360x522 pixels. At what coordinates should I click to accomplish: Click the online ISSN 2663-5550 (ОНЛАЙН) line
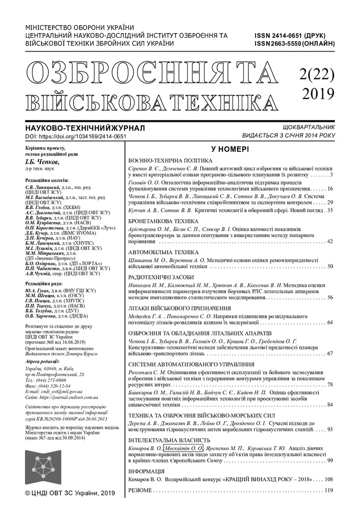[x=295, y=44]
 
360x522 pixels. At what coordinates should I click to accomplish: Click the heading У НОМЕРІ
[x=230, y=149]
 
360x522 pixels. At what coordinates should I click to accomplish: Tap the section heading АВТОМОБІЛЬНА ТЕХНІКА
[x=163, y=252]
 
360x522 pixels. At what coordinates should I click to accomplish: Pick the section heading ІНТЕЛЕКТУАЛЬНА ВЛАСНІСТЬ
[x=169, y=440]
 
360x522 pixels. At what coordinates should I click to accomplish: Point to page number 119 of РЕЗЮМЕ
[x=328, y=490]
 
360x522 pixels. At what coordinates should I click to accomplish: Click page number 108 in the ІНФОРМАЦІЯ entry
[x=328, y=480]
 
